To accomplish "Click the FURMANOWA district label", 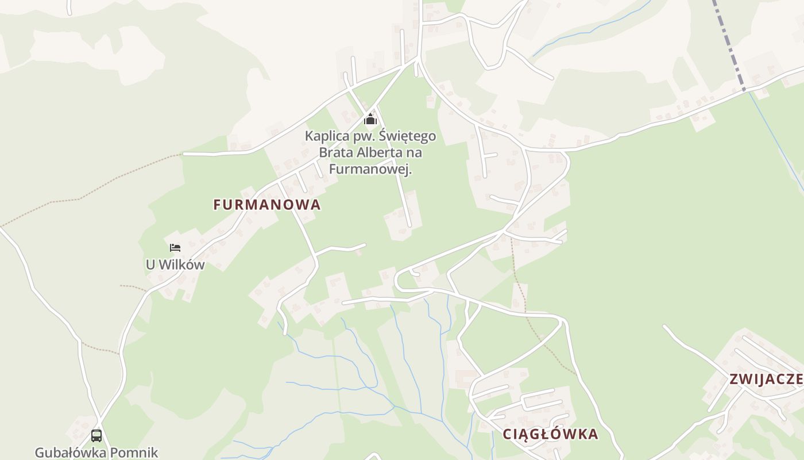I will [x=266, y=205].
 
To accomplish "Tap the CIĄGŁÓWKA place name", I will [x=550, y=434].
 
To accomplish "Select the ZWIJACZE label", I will [x=766, y=379].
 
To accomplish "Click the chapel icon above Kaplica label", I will [x=370, y=120].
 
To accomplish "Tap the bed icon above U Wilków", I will [x=175, y=248].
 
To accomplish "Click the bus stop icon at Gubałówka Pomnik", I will [x=96, y=436].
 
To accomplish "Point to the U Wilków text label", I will [x=175, y=265].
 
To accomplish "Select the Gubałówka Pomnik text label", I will [x=96, y=453].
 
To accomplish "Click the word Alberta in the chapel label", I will [x=377, y=152].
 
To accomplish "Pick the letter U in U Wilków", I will [x=150, y=265].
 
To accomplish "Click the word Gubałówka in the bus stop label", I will [x=68, y=453].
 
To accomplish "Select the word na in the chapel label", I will [x=415, y=152].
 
